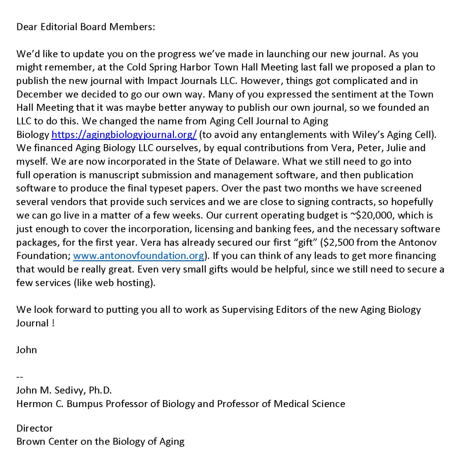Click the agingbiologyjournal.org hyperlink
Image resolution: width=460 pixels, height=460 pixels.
tap(124, 135)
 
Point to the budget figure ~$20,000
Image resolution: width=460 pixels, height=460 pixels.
tap(371, 215)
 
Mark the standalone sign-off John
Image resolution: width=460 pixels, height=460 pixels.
tap(26, 350)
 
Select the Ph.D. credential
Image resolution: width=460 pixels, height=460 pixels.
tap(100, 390)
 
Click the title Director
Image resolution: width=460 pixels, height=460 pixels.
tap(34, 428)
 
